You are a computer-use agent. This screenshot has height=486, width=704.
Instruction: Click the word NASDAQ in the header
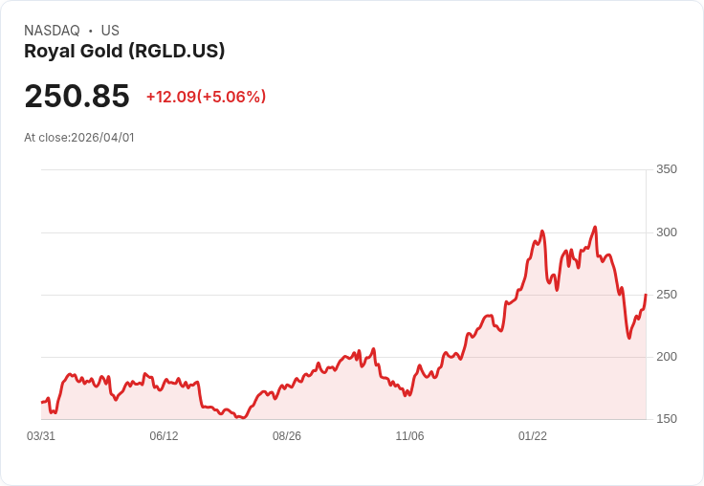coord(52,31)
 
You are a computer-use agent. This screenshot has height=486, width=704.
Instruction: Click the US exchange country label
coord(110,31)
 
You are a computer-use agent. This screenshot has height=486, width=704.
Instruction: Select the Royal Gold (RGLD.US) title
coord(124,52)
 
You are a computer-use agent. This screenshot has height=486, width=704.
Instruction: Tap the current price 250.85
coord(77,97)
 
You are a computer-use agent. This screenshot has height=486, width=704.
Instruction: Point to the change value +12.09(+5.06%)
coord(206,97)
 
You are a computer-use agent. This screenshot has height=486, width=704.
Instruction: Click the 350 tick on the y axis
coord(666,169)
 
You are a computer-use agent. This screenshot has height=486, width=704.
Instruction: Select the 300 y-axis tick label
coord(666,232)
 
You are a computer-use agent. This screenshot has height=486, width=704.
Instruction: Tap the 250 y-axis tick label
coord(666,295)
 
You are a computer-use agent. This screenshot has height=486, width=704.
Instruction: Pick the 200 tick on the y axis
coord(666,357)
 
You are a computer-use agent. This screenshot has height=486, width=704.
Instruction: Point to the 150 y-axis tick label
coord(666,419)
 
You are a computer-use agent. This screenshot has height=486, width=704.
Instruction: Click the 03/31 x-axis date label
coord(41,436)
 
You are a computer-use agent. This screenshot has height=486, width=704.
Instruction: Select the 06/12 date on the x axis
coord(164,436)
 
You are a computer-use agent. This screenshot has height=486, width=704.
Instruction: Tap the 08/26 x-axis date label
coord(287,436)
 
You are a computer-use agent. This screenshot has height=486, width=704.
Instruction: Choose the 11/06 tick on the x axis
coord(409,436)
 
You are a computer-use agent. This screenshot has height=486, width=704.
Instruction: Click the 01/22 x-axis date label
coord(533,436)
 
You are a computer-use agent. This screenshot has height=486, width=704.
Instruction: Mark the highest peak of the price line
coord(595,227)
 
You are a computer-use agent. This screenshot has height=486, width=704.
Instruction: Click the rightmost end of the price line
coord(646,295)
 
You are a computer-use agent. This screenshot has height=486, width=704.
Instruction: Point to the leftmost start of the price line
coord(41,402)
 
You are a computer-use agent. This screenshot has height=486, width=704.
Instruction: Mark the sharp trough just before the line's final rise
coord(629,338)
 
